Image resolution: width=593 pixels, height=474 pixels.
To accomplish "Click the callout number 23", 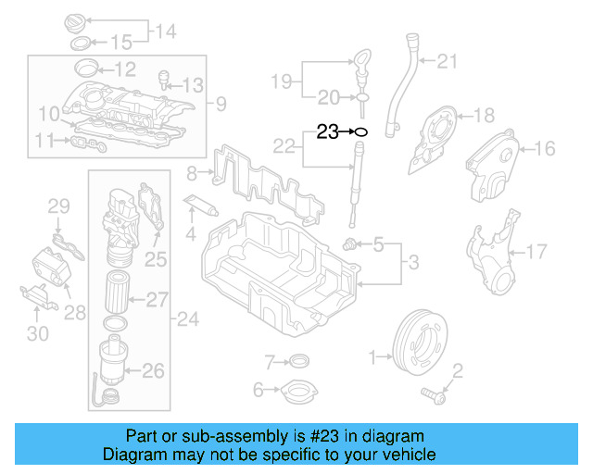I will (328, 131).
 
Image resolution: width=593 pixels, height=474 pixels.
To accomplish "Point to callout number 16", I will (543, 147).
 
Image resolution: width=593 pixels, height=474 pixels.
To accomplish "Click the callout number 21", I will (448, 62).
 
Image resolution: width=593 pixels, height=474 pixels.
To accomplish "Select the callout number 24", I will (189, 320).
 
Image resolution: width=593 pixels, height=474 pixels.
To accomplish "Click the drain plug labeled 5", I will (351, 244).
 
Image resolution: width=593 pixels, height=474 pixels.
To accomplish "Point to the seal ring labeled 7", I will (298, 360).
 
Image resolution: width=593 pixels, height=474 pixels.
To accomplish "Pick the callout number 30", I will (36, 332).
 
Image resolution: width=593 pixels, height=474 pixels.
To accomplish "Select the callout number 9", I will (220, 103).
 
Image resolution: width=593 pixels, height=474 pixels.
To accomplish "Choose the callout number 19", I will (282, 81).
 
